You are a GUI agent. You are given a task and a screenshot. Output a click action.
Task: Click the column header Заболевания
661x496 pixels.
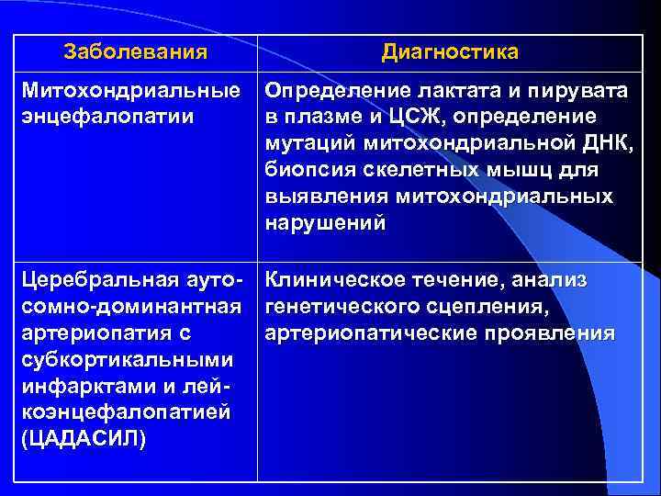[x=135, y=52]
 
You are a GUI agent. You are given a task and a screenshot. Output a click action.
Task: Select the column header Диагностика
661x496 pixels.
[x=450, y=52]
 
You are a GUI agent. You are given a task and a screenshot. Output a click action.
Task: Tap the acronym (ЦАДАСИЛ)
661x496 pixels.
[x=83, y=437]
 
